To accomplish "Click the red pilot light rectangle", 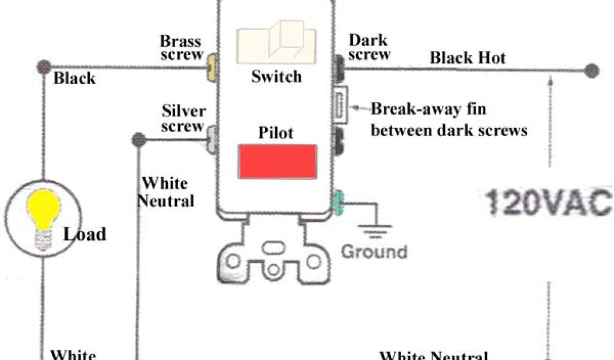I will [278, 161].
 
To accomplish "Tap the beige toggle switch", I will [276, 44].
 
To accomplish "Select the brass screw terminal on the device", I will [210, 68].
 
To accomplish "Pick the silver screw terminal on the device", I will [212, 139].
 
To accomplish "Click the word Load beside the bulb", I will [85, 233].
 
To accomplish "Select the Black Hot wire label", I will [468, 58].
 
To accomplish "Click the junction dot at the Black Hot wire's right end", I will [592, 70].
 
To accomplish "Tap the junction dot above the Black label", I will [43, 67].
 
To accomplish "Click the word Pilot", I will [276, 132].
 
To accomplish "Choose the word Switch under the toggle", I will [276, 77].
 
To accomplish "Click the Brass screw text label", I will [180, 49].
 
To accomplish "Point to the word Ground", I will [374, 251].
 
